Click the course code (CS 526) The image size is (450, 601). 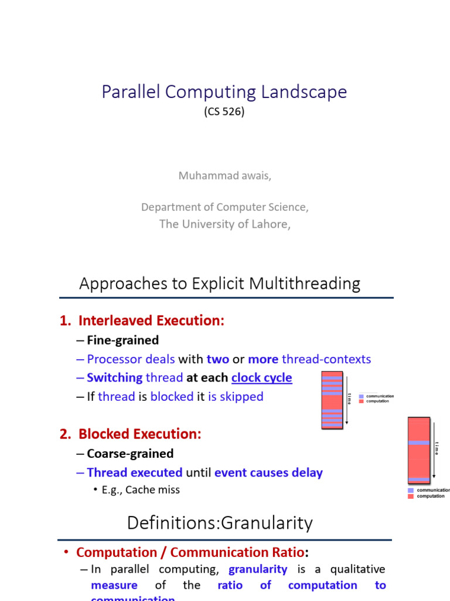pyautogui.click(x=224, y=112)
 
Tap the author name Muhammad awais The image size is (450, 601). pyautogui.click(x=224, y=176)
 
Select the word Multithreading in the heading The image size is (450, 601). pyautogui.click(x=305, y=284)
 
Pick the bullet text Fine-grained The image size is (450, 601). pyautogui.click(x=122, y=340)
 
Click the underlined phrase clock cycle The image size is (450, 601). pyautogui.click(x=261, y=378)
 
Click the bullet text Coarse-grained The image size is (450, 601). pyautogui.click(x=130, y=454)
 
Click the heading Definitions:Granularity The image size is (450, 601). pyautogui.click(x=220, y=523)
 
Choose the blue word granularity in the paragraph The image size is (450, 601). pyautogui.click(x=258, y=569)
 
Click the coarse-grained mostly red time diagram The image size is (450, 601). pyautogui.click(x=418, y=450)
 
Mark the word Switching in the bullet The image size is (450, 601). pyautogui.click(x=114, y=378)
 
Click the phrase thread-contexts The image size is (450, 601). pyautogui.click(x=326, y=359)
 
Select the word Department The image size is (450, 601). pyautogui.click(x=169, y=207)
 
